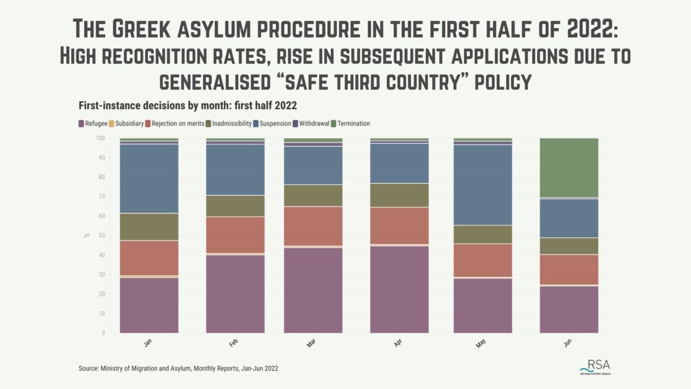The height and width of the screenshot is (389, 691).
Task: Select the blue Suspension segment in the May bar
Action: click(483, 185)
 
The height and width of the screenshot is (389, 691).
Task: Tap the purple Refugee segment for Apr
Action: click(399, 289)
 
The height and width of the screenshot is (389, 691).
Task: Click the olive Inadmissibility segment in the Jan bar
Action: click(149, 226)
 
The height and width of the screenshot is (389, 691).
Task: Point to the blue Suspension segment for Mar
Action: click(313, 165)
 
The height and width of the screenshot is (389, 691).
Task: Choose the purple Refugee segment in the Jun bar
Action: click(568, 309)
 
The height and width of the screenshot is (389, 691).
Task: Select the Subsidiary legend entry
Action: click(128, 124)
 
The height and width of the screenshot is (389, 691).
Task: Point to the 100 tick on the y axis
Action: click(100, 138)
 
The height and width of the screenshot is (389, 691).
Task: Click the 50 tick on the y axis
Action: click(101, 236)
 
